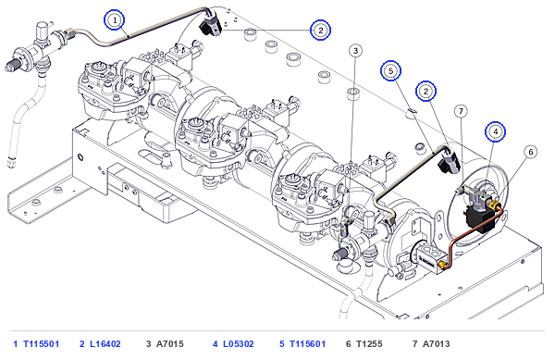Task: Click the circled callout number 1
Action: pos(115,20)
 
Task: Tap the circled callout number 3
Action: pos(356,51)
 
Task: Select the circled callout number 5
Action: pos(390,71)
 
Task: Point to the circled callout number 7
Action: pos(461,111)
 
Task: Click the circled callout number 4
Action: pos(496,131)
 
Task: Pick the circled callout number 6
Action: pos(531,152)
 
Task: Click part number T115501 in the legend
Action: pos(41,343)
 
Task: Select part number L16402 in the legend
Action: pos(105,343)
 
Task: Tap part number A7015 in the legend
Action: pos(170,343)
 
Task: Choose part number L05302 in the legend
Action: pos(239,343)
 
